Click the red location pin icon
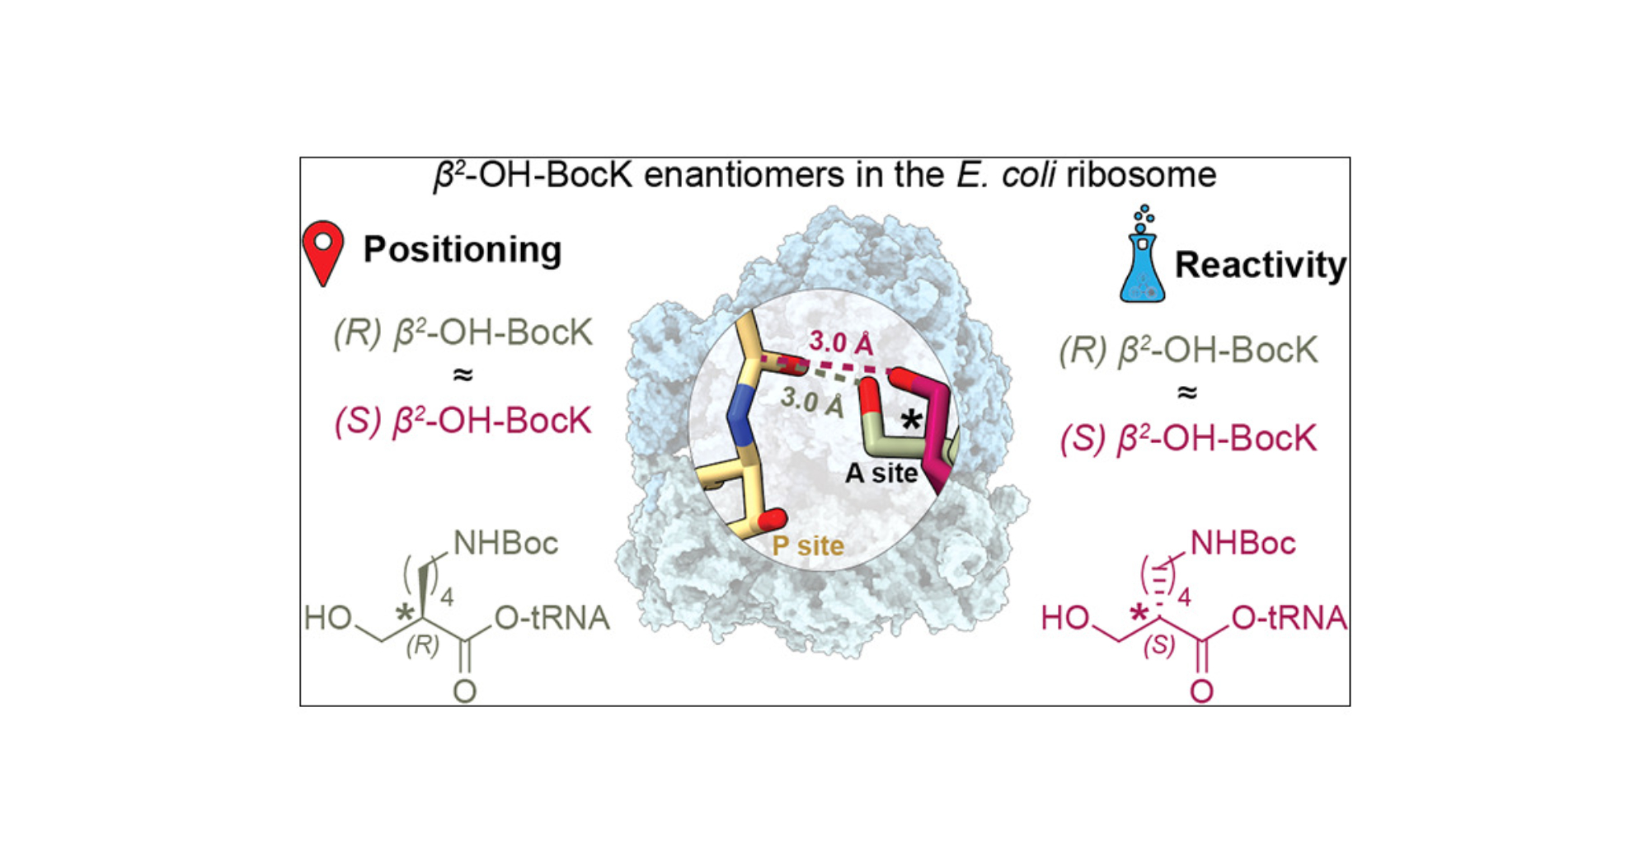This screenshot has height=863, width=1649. [322, 251]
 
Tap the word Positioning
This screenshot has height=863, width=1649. [463, 249]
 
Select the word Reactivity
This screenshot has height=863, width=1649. [1260, 265]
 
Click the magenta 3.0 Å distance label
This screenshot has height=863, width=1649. [840, 342]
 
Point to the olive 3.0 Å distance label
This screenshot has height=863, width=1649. [812, 401]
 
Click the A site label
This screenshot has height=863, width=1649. [881, 473]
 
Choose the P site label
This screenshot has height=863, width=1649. [808, 545]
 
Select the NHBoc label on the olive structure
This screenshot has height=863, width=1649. [505, 543]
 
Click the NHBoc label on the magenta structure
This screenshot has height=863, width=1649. [1243, 543]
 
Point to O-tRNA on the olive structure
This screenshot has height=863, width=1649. [552, 618]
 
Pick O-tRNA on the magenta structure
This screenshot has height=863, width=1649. [1289, 618]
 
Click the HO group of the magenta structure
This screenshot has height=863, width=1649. [1064, 618]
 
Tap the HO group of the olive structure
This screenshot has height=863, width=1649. [327, 618]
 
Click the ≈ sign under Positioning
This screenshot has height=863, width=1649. [463, 375]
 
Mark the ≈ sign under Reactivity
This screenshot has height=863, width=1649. [1186, 393]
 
